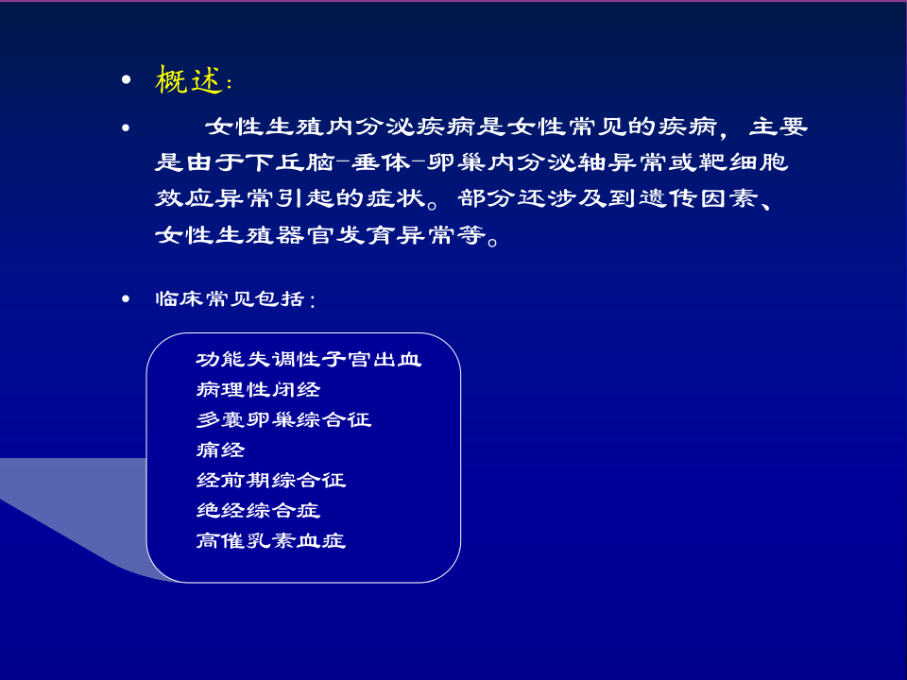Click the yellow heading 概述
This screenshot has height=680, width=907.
click(x=189, y=79)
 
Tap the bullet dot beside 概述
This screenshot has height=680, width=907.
click(x=126, y=79)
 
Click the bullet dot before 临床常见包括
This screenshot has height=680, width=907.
click(x=126, y=298)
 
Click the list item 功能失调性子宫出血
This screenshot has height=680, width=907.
click(x=309, y=360)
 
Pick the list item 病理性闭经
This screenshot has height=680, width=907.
click(x=258, y=390)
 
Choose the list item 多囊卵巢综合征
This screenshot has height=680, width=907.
click(x=283, y=419)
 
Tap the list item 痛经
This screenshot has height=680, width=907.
click(x=220, y=450)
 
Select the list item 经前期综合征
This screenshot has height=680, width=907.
click(x=271, y=480)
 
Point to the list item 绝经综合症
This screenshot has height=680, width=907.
click(x=258, y=510)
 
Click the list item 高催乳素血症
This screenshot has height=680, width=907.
click(x=271, y=540)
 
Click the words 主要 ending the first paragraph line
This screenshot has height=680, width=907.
click(x=778, y=127)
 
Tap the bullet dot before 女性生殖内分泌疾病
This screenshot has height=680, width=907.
click(x=126, y=127)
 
